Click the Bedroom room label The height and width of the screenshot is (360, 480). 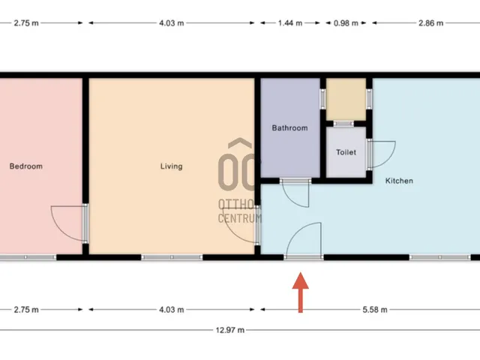pos(26,166)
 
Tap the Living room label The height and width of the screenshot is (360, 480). pos(172,166)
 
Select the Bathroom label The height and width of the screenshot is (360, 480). pos(290,128)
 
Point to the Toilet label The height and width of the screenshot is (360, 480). pos(346,152)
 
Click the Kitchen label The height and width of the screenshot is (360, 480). pos(399,181)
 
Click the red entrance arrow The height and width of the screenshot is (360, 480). pos(301,292)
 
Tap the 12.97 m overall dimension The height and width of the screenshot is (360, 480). pos(230,330)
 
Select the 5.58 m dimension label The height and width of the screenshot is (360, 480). pos(375,310)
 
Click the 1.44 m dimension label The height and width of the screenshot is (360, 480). pos(290,23)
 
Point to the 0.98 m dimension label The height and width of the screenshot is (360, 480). pos(346,23)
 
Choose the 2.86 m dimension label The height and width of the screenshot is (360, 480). pos(431,23)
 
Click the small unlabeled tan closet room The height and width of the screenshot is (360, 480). pos(346,99)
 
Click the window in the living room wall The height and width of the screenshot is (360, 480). pos(172,257)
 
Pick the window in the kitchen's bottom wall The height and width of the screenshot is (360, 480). pos(440,257)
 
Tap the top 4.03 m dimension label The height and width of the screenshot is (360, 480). pos(172,23)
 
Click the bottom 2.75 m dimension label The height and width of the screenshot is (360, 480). pos(26,310)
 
